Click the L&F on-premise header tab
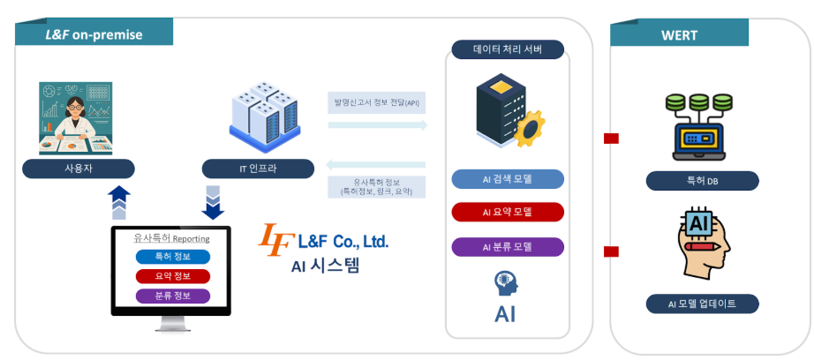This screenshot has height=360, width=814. click(93, 35)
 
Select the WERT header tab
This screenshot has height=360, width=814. click(679, 35)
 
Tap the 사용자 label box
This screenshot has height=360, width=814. click(79, 169)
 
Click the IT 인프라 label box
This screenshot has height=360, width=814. click(258, 169)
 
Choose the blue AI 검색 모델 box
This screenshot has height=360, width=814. click(508, 179)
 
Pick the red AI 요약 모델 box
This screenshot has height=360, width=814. click(508, 213)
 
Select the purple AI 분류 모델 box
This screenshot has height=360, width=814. click(508, 246)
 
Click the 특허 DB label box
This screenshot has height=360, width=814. click(702, 181)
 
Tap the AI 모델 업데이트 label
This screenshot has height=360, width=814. click(702, 304)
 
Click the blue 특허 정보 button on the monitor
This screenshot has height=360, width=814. click(173, 257)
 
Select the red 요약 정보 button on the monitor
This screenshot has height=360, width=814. click(173, 276)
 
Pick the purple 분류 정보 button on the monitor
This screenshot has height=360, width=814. click(173, 296)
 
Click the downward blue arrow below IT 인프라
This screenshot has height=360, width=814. click(214, 202)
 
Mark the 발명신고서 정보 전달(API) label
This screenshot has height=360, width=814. click(375, 102)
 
